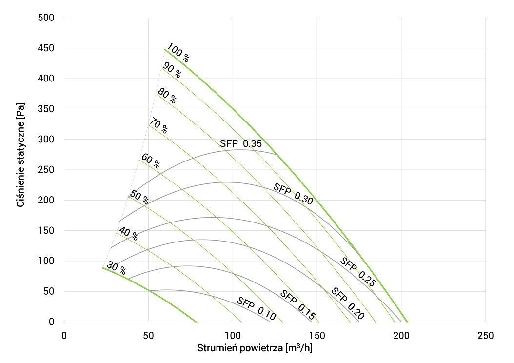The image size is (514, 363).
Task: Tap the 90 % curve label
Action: click(x=171, y=71)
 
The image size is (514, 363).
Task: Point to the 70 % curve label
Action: click(x=158, y=126)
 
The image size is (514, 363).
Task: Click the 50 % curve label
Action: click(x=139, y=197)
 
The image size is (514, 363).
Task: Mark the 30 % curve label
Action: click(x=117, y=268)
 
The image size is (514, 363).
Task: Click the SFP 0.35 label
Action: click(x=241, y=143)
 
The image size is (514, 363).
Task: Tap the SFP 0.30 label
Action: click(x=293, y=194)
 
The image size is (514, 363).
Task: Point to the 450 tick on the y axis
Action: click(x=45, y=48)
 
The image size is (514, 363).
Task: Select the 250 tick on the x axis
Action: click(x=485, y=336)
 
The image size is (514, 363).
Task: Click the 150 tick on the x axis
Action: click(x=317, y=336)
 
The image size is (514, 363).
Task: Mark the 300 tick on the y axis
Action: click(x=45, y=140)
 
